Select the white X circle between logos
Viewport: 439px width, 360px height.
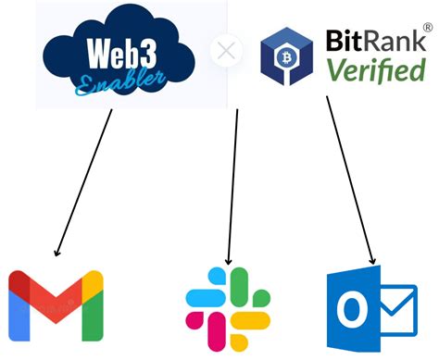[225, 50]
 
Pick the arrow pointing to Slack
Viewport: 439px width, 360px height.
[233, 185]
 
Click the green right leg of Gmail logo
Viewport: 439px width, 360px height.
[92, 310]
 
